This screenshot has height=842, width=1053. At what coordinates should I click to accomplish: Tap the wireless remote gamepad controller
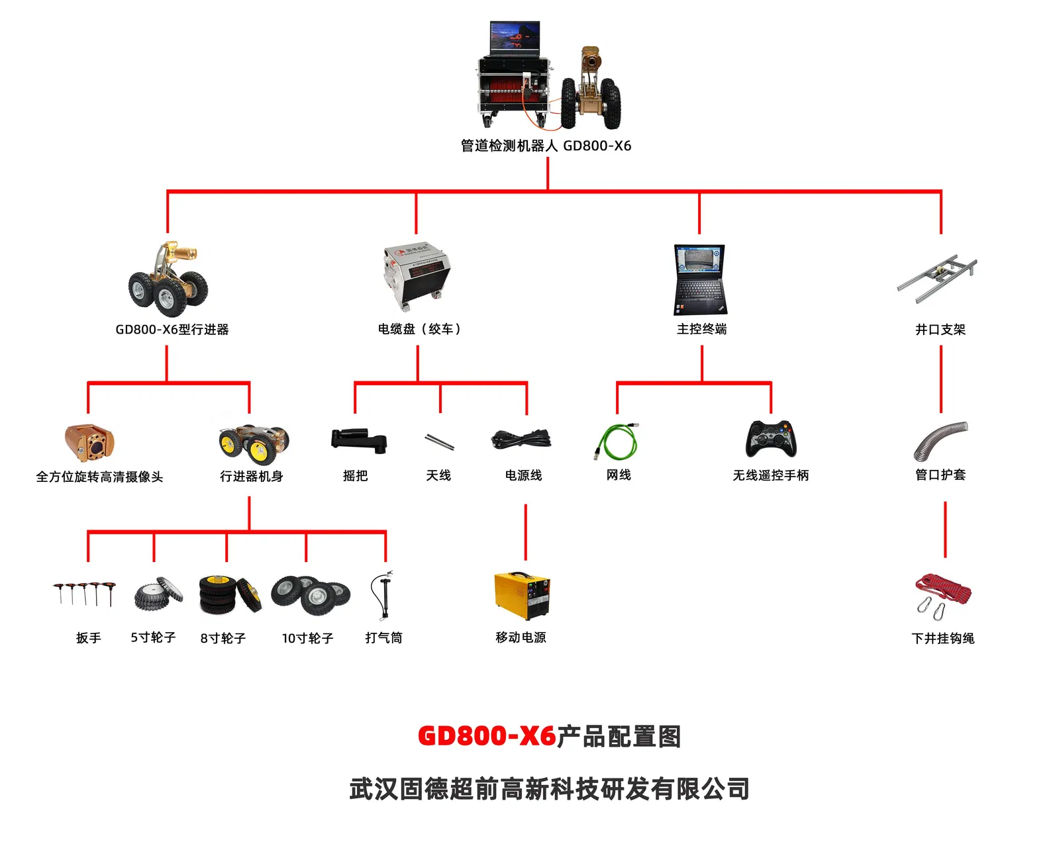771,439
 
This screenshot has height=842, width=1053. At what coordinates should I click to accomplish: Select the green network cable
617,442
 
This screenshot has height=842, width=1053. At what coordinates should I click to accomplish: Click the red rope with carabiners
942,595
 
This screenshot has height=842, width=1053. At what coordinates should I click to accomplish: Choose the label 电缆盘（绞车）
419,329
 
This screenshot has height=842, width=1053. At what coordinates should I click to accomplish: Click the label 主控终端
701,329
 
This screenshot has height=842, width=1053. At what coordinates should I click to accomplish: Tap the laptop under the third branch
700,280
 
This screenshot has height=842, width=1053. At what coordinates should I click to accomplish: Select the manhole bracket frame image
937,278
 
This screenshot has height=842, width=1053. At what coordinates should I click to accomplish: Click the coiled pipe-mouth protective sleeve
940,440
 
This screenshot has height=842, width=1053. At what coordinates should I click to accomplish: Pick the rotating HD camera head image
89,442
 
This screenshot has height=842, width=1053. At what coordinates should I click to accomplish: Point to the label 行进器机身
251,477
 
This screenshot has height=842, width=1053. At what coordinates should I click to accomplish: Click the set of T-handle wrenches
85,594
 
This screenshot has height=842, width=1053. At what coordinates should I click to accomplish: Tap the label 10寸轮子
307,638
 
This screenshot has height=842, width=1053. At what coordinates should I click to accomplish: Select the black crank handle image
358,440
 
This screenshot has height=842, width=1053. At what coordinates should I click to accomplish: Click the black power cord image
521,440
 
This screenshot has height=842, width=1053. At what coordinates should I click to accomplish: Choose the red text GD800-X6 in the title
486,736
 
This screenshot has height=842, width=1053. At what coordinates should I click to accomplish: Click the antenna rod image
439,441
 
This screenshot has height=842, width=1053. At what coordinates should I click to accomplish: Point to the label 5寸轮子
153,637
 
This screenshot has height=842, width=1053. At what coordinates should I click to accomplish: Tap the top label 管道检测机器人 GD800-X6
546,146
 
